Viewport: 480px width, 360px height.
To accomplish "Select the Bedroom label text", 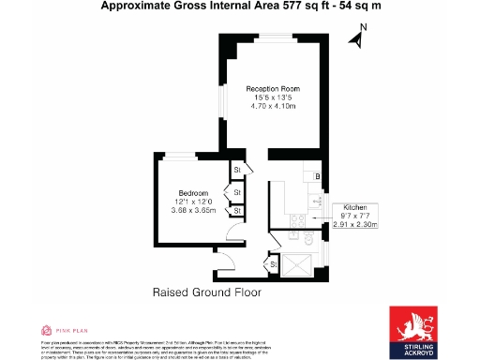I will [193, 192].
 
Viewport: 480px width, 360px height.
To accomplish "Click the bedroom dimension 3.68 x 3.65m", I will [193, 211].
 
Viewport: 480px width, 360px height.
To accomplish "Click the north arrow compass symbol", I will [356, 38].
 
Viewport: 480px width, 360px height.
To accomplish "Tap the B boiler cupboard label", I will [318, 176].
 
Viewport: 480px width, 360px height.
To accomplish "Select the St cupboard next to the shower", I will [273, 266].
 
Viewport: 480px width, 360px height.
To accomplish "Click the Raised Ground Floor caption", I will [206, 292].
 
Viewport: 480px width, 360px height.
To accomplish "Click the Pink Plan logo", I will [64, 330].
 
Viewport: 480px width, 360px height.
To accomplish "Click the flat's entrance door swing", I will [225, 260].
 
